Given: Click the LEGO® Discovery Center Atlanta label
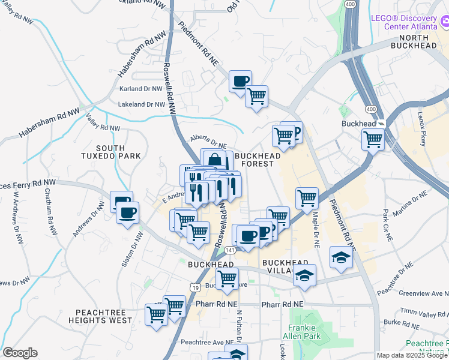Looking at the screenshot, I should tap(405, 22).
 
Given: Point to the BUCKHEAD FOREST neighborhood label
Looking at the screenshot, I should tap(258, 160).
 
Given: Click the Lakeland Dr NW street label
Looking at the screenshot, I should tap(141, 104).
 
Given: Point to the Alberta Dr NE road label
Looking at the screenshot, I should tap(209, 142).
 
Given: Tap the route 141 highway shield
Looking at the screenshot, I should tap(231, 249).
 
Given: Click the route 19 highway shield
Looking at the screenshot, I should tap(196, 288).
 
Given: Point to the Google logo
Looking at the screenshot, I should tap(20, 353).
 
